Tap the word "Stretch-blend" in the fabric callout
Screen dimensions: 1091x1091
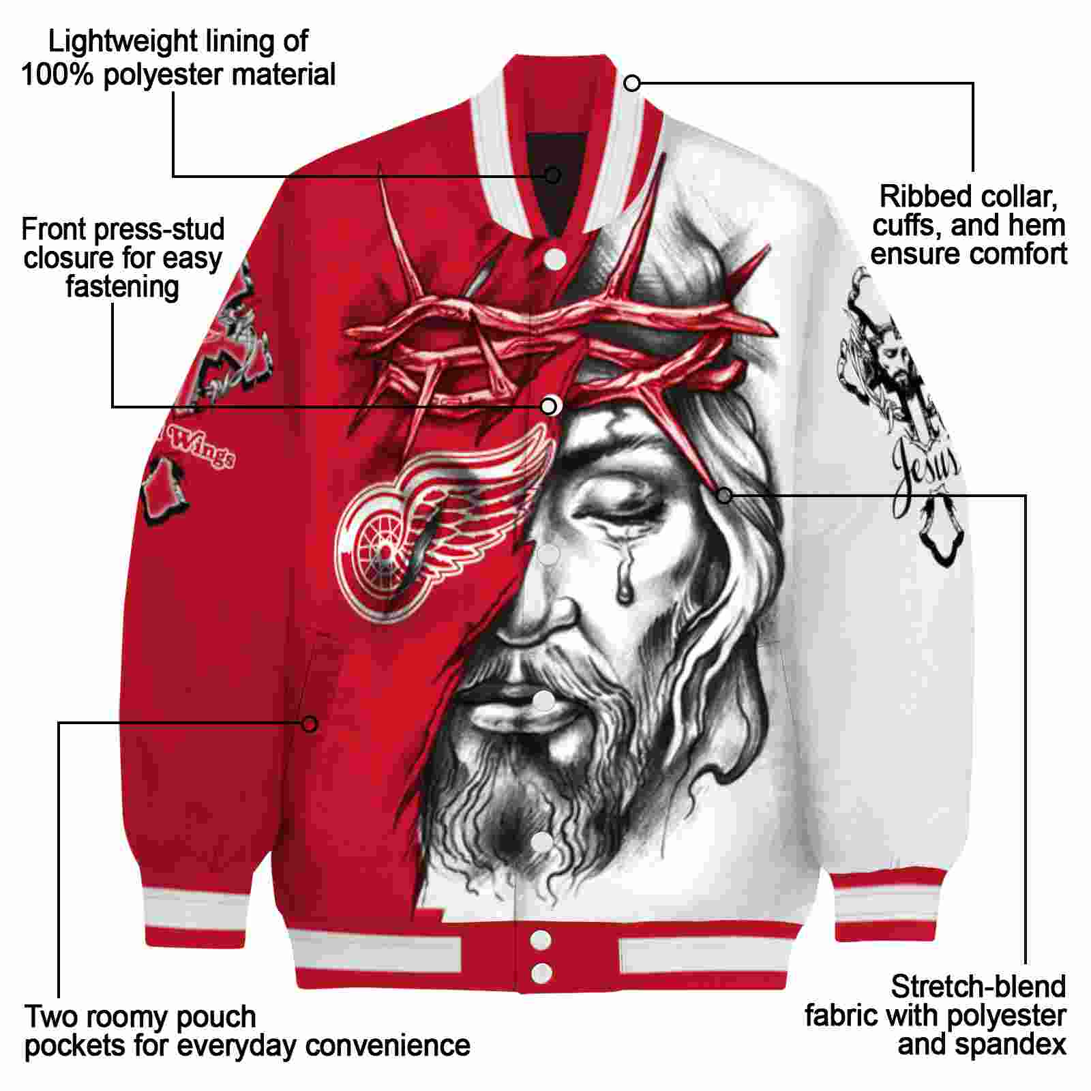978,987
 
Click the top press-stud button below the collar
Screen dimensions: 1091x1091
556,258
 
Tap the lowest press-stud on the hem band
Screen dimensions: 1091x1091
541,972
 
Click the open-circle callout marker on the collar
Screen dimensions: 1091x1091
632,83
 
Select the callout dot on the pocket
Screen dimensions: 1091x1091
310,723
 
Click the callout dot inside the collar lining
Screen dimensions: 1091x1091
553,175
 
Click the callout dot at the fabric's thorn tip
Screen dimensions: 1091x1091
723,495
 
